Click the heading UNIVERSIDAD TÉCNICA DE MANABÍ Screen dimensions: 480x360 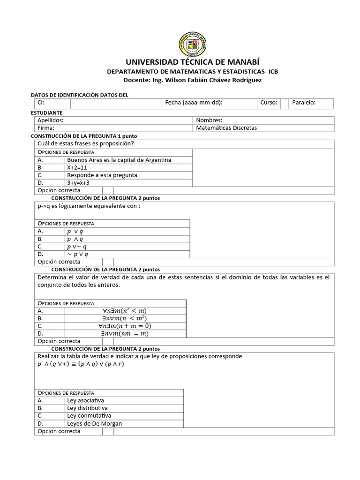click(x=192, y=63)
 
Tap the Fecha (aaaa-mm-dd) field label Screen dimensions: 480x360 click(x=194, y=103)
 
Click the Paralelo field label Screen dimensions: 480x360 click(x=304, y=103)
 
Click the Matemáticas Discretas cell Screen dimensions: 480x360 click(x=226, y=128)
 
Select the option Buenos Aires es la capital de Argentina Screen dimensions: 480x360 click(x=119, y=160)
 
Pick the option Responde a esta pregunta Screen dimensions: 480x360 click(x=102, y=175)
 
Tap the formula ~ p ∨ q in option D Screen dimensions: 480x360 click(x=77, y=254)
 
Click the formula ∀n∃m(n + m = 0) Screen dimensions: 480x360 click(x=125, y=326)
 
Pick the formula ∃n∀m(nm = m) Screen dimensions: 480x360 click(x=125, y=333)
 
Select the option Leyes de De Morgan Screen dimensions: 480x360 click(x=94, y=423)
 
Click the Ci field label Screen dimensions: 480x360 click(x=41, y=103)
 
